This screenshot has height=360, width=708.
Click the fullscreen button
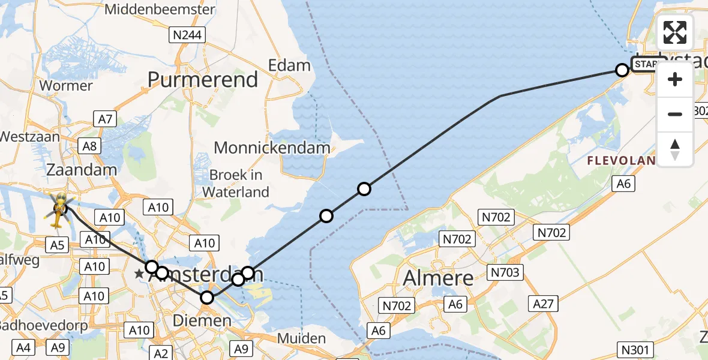point(675,32)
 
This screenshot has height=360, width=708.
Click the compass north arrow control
point(675,149)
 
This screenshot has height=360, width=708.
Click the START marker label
point(645,64)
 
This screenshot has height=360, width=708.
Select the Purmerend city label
point(203,80)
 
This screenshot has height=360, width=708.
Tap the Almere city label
point(438,278)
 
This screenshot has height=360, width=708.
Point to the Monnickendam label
point(272,148)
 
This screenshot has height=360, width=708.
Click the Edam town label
point(290,65)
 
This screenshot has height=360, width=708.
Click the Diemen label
point(202,321)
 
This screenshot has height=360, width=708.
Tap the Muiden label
point(302,339)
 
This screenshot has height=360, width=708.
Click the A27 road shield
point(543,304)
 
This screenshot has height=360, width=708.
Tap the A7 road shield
point(105,119)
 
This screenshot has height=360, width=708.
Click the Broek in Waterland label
point(236,183)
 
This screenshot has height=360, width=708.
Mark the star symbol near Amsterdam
point(139,274)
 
